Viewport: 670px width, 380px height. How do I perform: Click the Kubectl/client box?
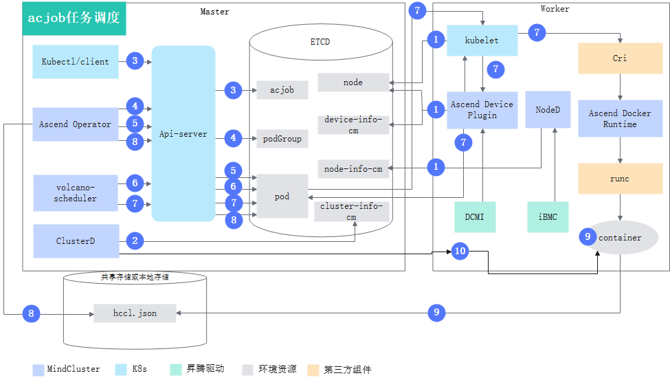tap(75, 62)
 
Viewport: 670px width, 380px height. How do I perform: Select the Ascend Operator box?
tap(75, 124)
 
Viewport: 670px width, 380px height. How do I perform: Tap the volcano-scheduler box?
tap(75, 193)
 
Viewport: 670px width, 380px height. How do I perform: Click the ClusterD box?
tap(76, 241)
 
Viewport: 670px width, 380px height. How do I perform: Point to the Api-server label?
tap(183, 134)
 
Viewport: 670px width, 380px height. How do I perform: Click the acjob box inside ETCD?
tap(282, 90)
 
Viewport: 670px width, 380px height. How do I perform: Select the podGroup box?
tap(282, 139)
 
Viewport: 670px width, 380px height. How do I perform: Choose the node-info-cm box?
tap(353, 169)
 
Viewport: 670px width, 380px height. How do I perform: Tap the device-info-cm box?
tap(353, 125)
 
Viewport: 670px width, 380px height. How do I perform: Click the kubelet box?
tap(482, 41)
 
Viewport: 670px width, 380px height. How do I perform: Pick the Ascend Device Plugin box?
tap(482, 110)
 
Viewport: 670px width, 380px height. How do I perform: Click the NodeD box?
tap(548, 109)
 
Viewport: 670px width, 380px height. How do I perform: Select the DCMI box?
tap(474, 217)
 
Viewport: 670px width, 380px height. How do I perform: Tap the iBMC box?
tap(548, 217)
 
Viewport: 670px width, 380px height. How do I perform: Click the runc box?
tap(620, 179)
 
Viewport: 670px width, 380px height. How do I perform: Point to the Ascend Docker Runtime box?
tap(620, 118)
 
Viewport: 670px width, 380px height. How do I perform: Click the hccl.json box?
tap(135, 313)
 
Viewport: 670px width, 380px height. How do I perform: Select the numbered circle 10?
tap(460, 251)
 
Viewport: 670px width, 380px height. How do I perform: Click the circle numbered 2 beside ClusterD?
tap(135, 241)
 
